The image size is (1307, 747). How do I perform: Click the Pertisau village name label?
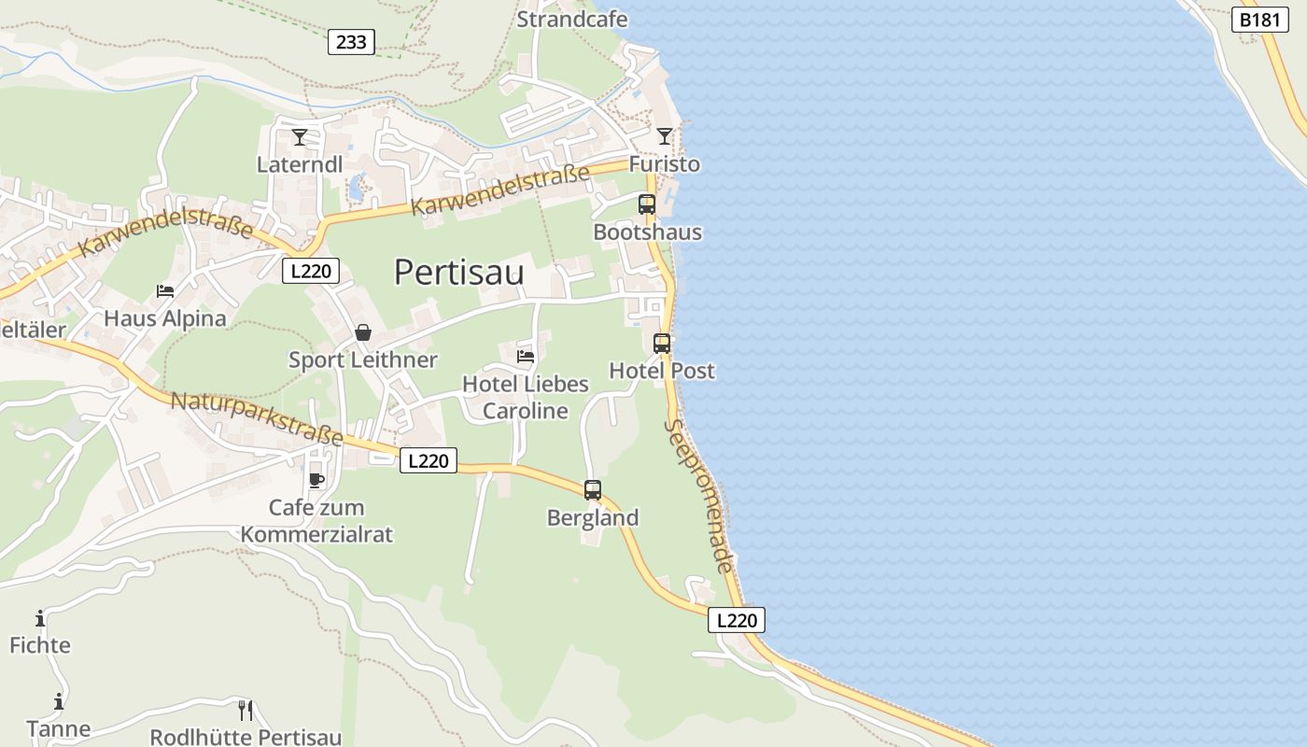click(458, 273)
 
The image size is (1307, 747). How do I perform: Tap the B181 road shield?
click(1260, 20)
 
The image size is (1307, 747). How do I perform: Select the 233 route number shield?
click(352, 42)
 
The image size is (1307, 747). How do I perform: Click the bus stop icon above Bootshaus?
click(647, 204)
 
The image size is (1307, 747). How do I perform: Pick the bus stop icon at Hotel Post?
click(662, 343)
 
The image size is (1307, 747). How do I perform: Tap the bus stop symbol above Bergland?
click(593, 489)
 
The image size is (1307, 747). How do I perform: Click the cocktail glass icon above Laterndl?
click(300, 137)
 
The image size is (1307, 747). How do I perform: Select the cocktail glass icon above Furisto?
click(664, 136)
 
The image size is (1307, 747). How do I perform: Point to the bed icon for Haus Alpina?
click(165, 291)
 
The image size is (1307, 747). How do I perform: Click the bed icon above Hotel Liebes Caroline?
click(526, 356)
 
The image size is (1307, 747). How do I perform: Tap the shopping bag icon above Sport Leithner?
click(363, 332)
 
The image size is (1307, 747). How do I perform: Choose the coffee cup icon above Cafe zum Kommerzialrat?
click(316, 480)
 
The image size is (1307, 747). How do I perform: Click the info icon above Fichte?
click(40, 618)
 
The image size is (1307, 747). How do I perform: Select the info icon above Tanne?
click(59, 701)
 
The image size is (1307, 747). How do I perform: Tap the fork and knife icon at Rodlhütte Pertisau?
click(246, 711)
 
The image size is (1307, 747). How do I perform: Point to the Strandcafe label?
click(572, 19)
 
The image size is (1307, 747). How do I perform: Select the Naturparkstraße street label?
click(257, 418)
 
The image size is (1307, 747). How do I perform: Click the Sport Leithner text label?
click(362, 360)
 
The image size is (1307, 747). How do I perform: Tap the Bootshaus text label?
click(647, 232)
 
